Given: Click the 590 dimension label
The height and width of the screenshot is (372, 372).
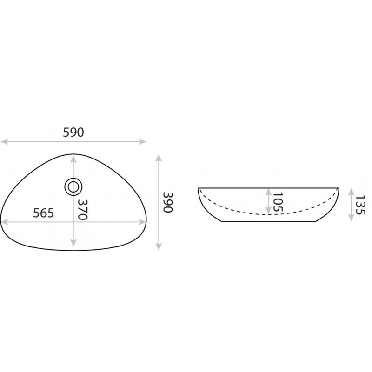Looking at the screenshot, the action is (73, 133).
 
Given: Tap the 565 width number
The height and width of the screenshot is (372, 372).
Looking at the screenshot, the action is (43, 213).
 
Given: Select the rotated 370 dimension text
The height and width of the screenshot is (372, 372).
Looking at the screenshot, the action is (83, 210).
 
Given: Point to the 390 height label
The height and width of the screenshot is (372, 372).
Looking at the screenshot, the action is (168, 202).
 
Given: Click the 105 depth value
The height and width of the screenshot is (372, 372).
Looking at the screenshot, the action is (278, 202).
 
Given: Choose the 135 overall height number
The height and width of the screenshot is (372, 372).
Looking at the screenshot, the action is (360, 205).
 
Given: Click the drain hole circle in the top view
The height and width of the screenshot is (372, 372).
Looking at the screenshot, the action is (73, 187).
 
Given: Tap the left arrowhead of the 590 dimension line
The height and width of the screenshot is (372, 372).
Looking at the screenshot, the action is (4, 142).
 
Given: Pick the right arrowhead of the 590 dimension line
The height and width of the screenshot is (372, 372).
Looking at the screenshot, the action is (142, 142).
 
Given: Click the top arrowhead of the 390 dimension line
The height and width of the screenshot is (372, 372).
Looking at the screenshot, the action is (159, 158).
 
